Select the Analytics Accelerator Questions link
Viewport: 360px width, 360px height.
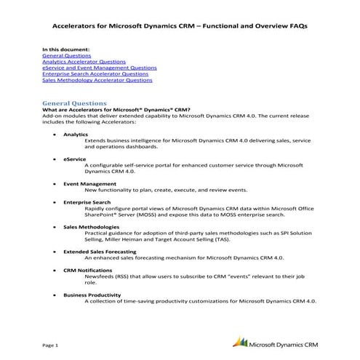[x=84, y=63]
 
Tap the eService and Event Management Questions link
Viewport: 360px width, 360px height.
[x=99, y=68]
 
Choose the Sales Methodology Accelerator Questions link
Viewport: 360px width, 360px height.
[x=97, y=81]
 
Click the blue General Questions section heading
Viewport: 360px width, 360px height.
[x=75, y=103]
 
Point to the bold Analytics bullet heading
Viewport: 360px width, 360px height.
[x=76, y=135]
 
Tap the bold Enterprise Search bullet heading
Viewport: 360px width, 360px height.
[x=87, y=201]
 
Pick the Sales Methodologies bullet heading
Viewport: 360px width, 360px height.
[x=92, y=226]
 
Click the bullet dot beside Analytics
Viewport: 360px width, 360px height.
[x=56, y=135]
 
